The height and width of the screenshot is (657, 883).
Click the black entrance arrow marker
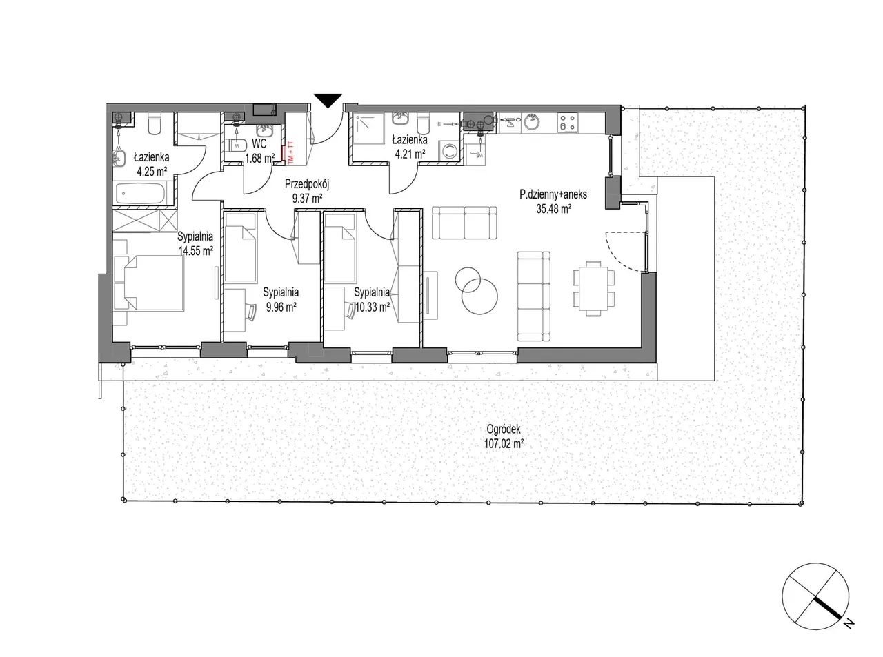[x=328, y=100]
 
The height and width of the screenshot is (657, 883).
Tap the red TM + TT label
[x=290, y=152]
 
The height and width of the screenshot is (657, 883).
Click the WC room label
[x=259, y=143]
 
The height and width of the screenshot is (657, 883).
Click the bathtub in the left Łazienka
[x=140, y=194]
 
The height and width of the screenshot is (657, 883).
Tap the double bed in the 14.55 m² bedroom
[x=149, y=283]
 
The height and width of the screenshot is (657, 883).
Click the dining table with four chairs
[x=593, y=288]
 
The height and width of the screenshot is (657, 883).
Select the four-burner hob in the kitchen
[x=567, y=123]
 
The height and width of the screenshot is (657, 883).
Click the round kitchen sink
[x=532, y=123]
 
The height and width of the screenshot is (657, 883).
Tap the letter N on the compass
[x=850, y=623]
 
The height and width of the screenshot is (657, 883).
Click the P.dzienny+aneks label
[x=553, y=194]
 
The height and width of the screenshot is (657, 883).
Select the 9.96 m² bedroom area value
[x=281, y=307]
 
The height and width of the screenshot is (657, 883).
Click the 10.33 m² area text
[x=372, y=307]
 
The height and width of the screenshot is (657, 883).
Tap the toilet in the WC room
[x=236, y=145]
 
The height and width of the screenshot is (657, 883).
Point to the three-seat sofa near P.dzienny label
[x=464, y=223]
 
